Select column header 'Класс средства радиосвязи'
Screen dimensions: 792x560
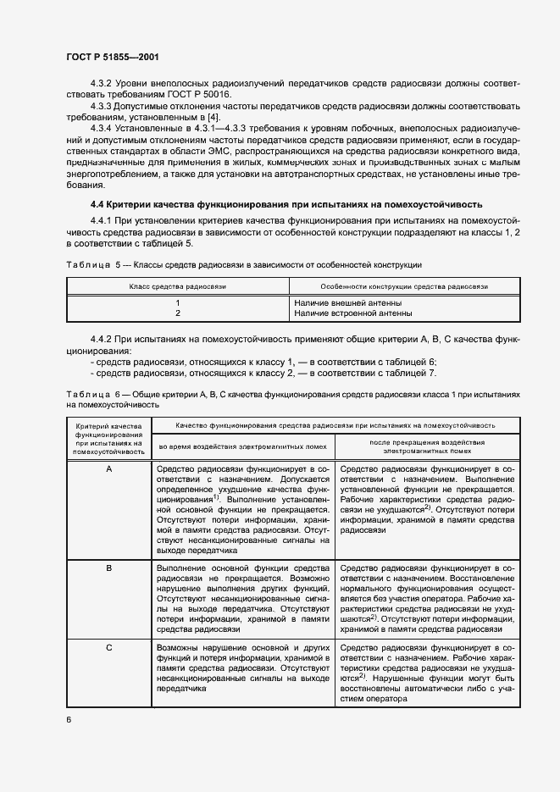coord(177,287)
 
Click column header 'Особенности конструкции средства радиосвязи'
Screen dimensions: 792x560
coord(404,287)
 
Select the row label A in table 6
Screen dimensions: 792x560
coord(108,468)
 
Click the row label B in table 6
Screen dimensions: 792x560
coord(108,568)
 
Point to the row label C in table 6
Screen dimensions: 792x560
coord(108,648)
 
